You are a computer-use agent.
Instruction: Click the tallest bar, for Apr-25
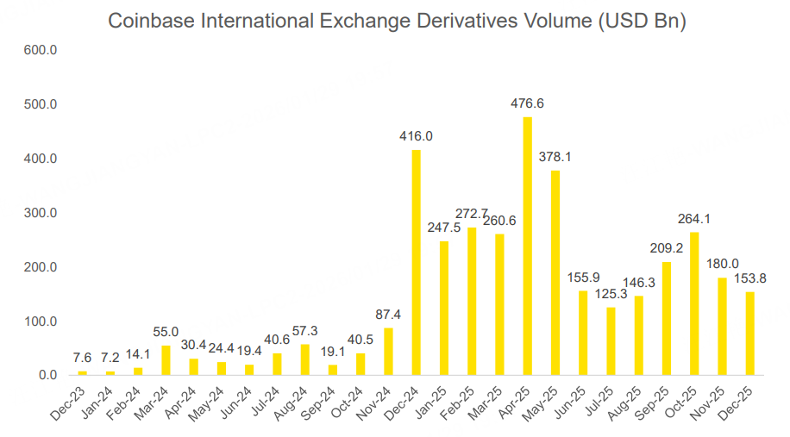[x=528, y=246]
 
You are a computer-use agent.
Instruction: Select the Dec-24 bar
[x=417, y=263]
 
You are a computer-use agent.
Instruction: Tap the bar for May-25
[x=555, y=272]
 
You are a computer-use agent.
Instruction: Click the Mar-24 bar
[x=166, y=360]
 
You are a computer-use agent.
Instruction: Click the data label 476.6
[x=528, y=104]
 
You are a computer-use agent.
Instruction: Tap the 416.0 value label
[x=416, y=136]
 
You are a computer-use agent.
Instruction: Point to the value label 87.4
[x=388, y=315]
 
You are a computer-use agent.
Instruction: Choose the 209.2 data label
[x=666, y=248]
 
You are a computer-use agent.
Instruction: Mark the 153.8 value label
[x=750, y=278]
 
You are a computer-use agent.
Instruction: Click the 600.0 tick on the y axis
[x=41, y=51]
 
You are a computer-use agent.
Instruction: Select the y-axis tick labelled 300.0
[x=41, y=213]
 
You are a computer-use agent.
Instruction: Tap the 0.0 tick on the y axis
[x=47, y=376]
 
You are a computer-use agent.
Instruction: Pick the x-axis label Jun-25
[x=574, y=402]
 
